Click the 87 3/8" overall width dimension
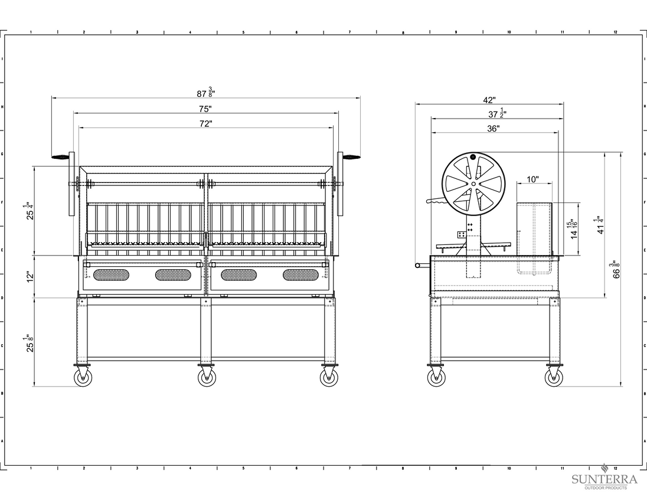205,93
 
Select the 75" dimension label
205,109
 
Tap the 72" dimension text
205,124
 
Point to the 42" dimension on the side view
489,100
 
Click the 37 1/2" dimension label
497,113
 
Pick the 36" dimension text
493,129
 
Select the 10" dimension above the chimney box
532,179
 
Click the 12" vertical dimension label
30,276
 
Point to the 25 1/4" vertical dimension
30,210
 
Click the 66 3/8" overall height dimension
616,269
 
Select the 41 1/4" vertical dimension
601,225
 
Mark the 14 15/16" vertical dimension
574,230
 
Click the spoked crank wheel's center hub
473,184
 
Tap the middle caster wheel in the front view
207,377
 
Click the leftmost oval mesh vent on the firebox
111,274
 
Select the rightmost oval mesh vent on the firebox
301,274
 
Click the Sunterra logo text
604,480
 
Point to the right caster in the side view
554,377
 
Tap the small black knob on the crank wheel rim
473,157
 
